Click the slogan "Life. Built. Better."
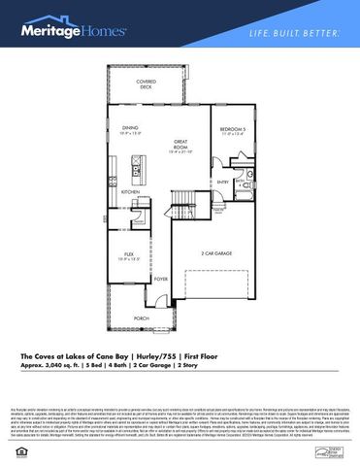coord(294,34)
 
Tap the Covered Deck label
coord(146,85)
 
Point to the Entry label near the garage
coord(223,181)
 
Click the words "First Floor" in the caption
coord(195,356)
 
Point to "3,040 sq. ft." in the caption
coord(63,367)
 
